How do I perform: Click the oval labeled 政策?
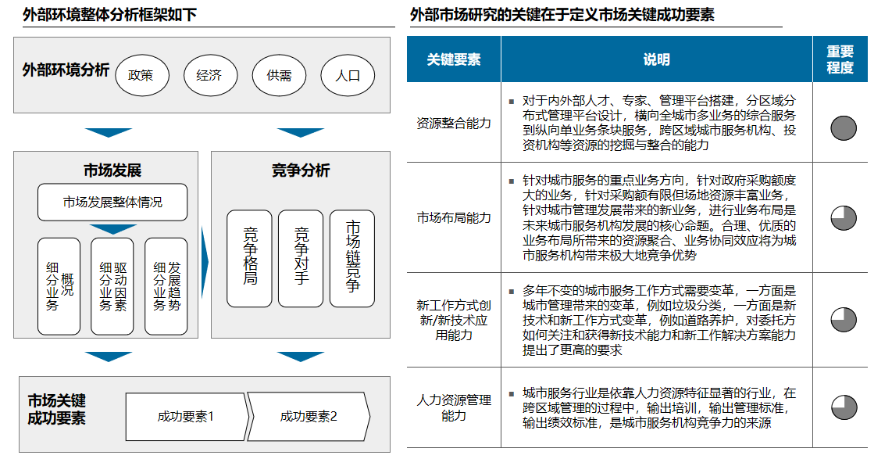pyautogui.click(x=141, y=76)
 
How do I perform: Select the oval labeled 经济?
pyautogui.click(x=209, y=76)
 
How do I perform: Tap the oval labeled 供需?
pyautogui.click(x=279, y=76)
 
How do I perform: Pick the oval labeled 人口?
pyautogui.click(x=348, y=76)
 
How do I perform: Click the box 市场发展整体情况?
pyautogui.click(x=112, y=203)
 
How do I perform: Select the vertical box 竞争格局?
pyautogui.click(x=249, y=258)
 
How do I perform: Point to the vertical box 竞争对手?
pyautogui.click(x=301, y=258)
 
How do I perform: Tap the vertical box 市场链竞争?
pyautogui.click(x=352, y=258)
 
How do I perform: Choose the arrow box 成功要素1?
pyautogui.click(x=186, y=416)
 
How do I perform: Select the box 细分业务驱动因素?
pyautogui.click(x=112, y=286)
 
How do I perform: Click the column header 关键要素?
pyautogui.click(x=454, y=59)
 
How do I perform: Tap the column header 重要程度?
pyautogui.click(x=840, y=59)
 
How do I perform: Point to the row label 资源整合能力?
pyautogui.click(x=454, y=123)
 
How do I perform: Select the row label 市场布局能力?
pyautogui.click(x=454, y=217)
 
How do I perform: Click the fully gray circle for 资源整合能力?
pyautogui.click(x=844, y=127)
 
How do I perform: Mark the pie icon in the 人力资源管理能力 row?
pyautogui.click(x=844, y=407)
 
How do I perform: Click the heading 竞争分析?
pyautogui.click(x=301, y=170)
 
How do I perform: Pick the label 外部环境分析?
pyautogui.click(x=66, y=70)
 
